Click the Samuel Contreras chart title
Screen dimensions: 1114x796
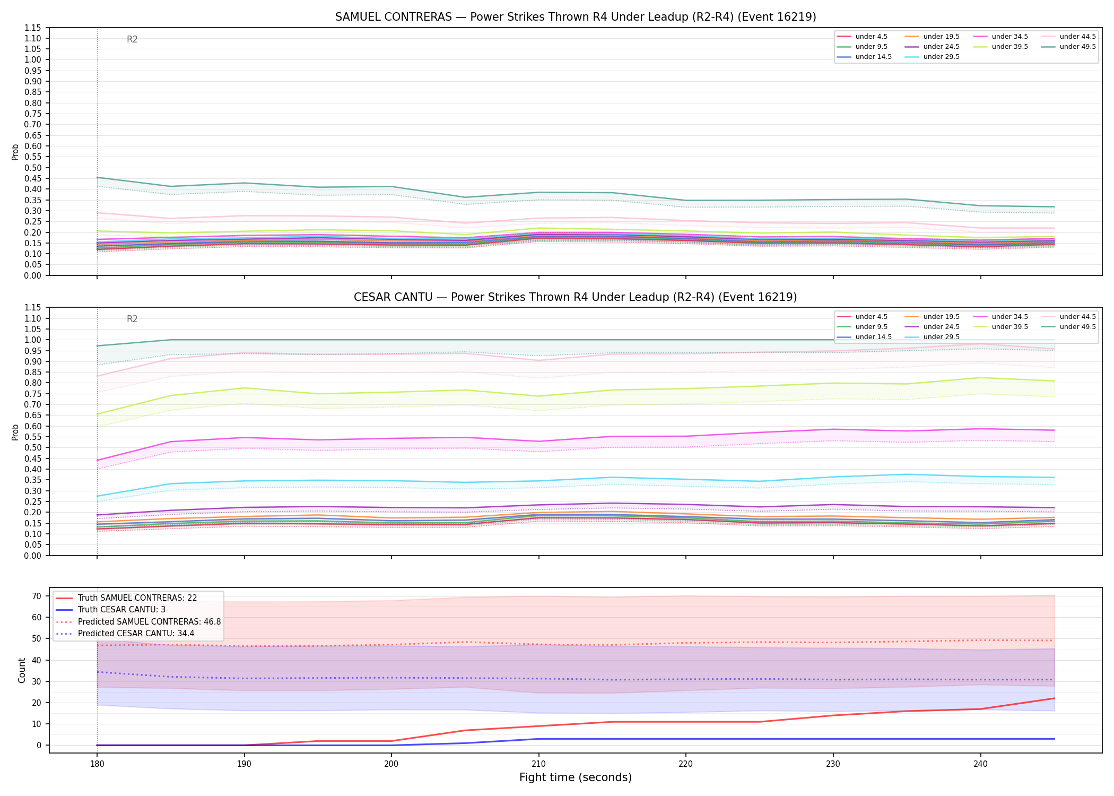pyautogui.click(x=576, y=17)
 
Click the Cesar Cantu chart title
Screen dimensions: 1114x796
pyautogui.click(x=576, y=297)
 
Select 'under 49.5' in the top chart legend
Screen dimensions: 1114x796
pyautogui.click(x=1077, y=47)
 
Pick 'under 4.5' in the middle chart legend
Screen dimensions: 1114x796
pyautogui.click(x=871, y=317)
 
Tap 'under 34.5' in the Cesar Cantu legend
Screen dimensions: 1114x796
pyautogui.click(x=1009, y=317)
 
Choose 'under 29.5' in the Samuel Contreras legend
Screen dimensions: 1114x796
pyautogui.click(x=941, y=57)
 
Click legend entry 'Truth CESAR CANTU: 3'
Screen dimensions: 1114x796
pyautogui.click(x=121, y=610)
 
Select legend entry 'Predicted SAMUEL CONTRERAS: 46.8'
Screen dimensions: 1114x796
pyautogui.click(x=149, y=621)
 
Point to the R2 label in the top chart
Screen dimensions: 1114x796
pyautogui.click(x=132, y=39)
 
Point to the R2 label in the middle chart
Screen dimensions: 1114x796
pyautogui.click(x=132, y=319)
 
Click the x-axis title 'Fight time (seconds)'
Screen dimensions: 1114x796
pyautogui.click(x=576, y=777)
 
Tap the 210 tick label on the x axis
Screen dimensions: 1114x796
pyautogui.click(x=538, y=764)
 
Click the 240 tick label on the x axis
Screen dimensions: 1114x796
pyautogui.click(x=980, y=764)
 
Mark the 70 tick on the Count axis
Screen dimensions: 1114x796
pyautogui.click(x=36, y=596)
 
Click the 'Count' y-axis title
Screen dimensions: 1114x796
pyautogui.click(x=22, y=670)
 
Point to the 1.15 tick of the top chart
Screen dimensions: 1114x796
pyautogui.click(x=33, y=28)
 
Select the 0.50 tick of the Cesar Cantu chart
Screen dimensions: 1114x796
pyautogui.click(x=33, y=447)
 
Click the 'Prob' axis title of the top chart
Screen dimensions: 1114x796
pyautogui.click(x=15, y=152)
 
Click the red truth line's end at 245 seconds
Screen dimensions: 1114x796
pyautogui.click(x=1054, y=698)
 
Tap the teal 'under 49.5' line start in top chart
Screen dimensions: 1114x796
pyautogui.click(x=97, y=177)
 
